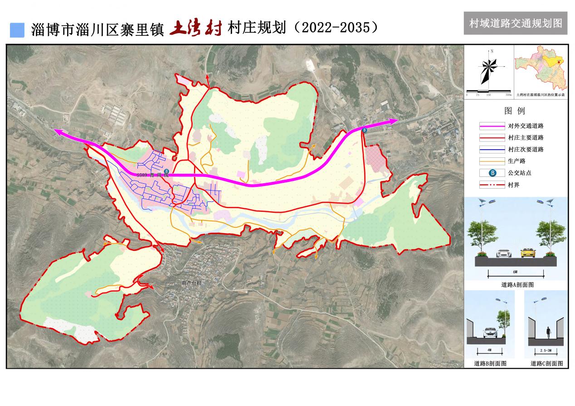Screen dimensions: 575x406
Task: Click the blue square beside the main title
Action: (17, 30)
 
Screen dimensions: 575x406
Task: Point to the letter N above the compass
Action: (491, 51)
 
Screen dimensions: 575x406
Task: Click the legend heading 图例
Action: (514, 111)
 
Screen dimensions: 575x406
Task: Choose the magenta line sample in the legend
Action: (492, 126)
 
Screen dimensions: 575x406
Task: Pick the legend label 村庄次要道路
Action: (526, 149)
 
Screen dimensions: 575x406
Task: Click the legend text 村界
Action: (514, 185)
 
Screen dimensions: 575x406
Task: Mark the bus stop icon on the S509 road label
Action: (166, 171)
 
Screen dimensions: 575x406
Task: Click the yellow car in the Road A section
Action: (527, 253)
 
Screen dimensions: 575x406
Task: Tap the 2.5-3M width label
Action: (547, 351)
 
